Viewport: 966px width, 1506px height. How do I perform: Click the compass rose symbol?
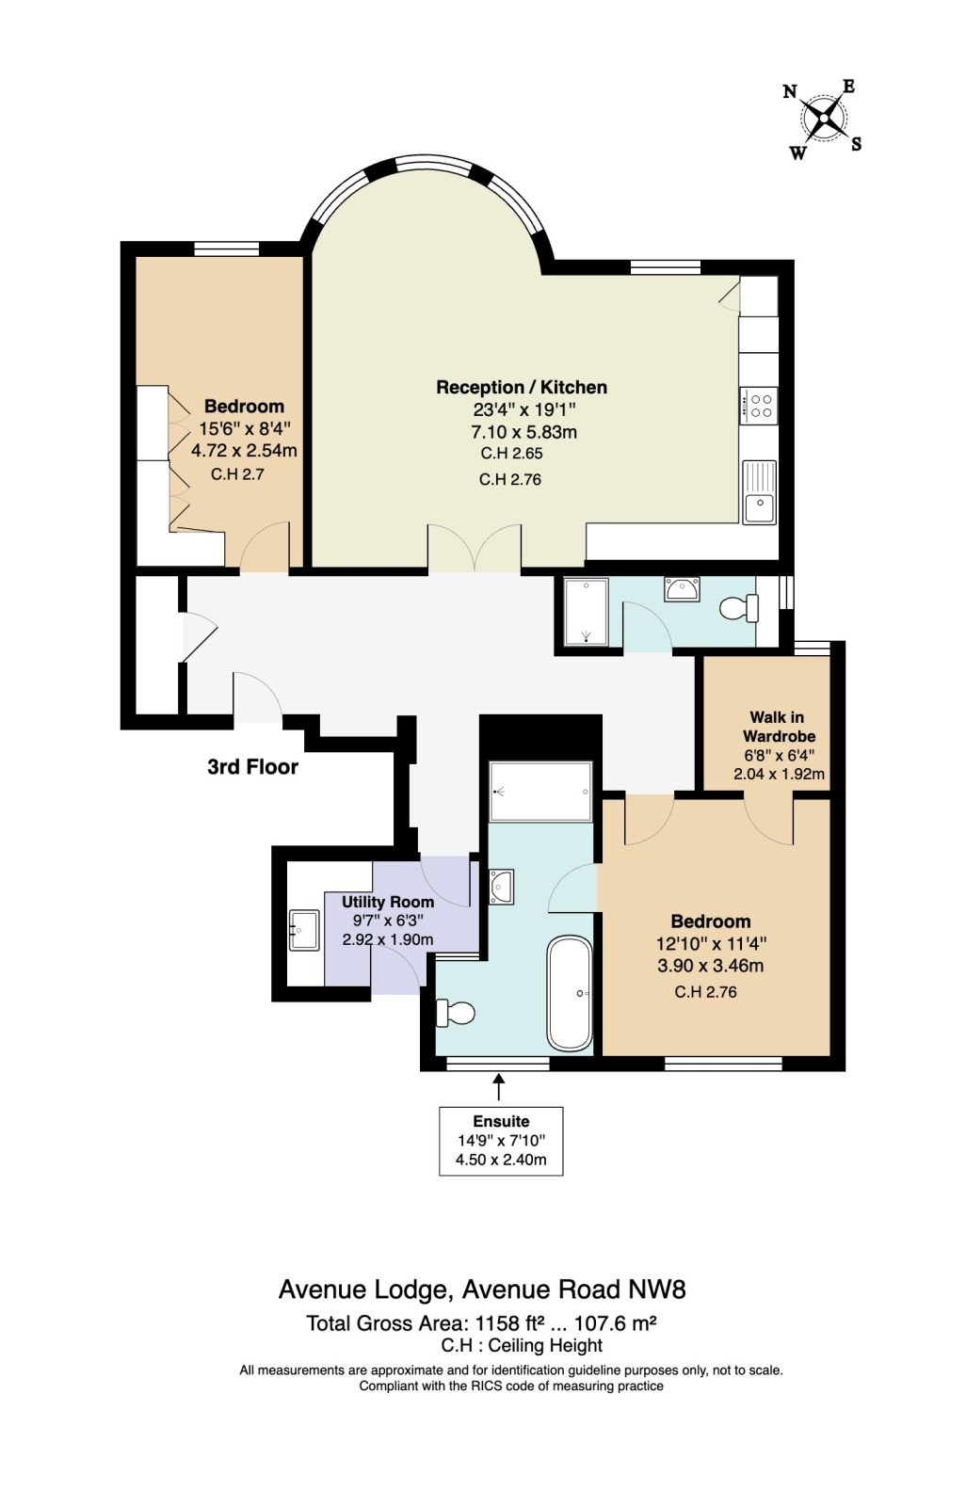(823, 120)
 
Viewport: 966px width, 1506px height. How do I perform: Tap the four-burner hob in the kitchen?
(758, 406)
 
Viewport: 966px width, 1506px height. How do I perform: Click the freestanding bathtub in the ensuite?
(570, 994)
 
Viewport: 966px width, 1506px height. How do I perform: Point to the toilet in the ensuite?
(456, 1013)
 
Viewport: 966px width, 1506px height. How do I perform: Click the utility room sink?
(304, 930)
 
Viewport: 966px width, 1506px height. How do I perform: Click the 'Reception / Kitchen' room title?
(522, 387)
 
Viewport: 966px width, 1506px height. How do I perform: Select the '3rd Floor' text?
(252, 766)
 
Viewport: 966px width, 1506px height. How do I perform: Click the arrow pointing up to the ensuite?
(498, 1086)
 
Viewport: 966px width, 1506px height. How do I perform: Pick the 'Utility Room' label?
(388, 902)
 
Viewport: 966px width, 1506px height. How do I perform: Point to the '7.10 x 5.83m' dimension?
(524, 432)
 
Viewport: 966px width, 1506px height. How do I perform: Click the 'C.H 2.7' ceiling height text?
(236, 474)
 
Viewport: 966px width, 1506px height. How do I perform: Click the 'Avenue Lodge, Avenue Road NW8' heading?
(482, 1290)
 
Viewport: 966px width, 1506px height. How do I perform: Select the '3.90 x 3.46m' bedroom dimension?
(710, 966)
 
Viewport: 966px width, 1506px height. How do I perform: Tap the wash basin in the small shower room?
(682, 588)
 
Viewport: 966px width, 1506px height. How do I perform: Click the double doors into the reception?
(475, 548)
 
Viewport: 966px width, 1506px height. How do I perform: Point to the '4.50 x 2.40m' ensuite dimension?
(501, 1159)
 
